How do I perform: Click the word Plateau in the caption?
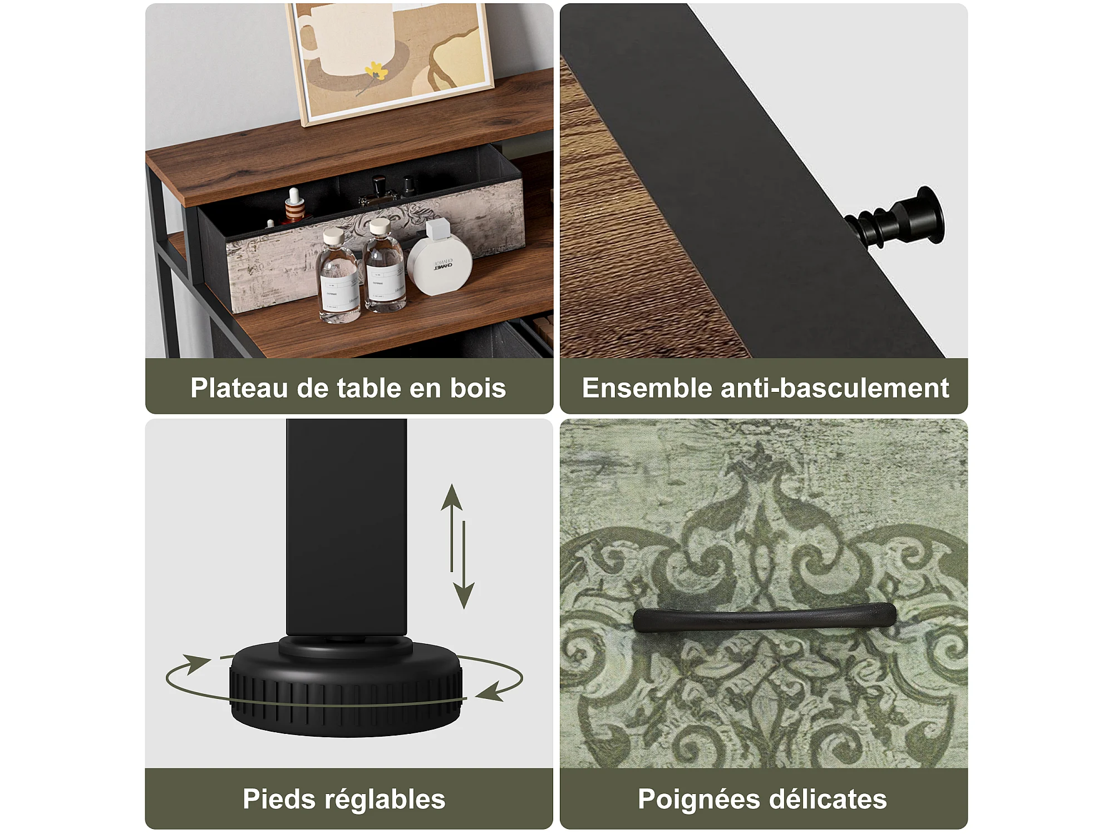(x=239, y=388)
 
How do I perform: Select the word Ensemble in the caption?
(x=647, y=388)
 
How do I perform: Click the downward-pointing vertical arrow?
(x=464, y=564)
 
